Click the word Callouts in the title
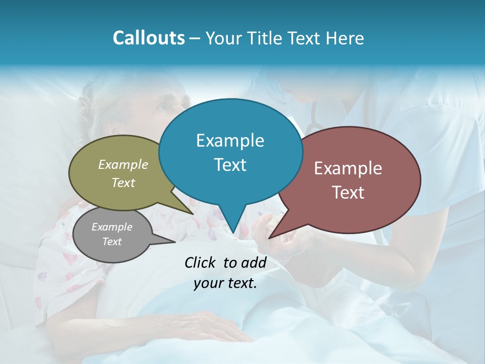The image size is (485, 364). (149, 38)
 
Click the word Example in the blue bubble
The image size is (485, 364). (230, 141)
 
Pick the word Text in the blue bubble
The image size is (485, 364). (230, 165)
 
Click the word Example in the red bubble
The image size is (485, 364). (348, 168)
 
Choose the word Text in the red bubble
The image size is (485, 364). (348, 193)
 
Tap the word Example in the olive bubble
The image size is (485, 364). (123, 164)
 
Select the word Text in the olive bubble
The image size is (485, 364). (123, 183)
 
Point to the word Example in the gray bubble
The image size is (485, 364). (112, 227)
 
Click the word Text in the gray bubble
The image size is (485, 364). (112, 242)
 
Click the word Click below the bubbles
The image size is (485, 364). (201, 262)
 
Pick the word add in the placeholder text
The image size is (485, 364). (254, 262)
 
